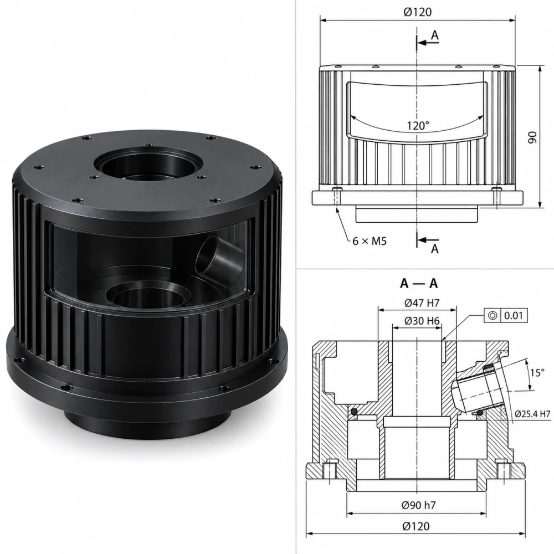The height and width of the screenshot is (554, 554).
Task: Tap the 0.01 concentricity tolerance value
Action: (513, 315)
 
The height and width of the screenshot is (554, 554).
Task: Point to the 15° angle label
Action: (537, 373)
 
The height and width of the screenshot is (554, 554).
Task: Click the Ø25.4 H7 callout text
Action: (532, 414)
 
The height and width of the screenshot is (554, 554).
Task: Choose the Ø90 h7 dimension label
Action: (419, 505)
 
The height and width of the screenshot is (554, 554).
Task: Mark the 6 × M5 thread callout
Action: (370, 242)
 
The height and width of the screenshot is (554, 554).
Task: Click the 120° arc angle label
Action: (418, 125)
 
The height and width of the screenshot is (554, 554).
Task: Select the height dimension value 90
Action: (532, 137)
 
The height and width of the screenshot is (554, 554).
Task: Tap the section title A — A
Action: (419, 283)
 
